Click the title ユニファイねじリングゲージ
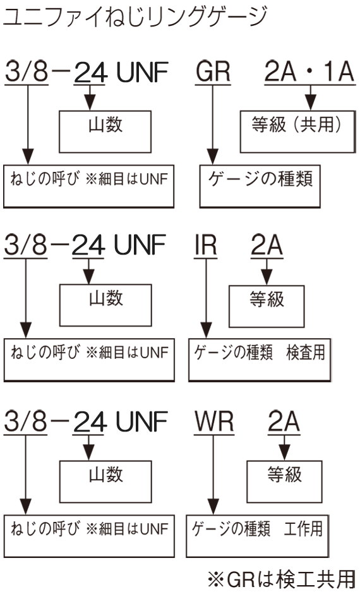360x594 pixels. coord(135,16)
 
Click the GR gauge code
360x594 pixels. coord(213,71)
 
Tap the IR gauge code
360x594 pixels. coord(205,245)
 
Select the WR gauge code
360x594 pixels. coord(214,421)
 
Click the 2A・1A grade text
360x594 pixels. coord(309,71)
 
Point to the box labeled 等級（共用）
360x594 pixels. coord(298,132)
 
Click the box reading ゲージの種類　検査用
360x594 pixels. coord(260,360)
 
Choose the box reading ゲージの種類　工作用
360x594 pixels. coord(258,536)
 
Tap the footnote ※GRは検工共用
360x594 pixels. coord(282,578)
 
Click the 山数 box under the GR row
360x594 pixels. coord(105,132)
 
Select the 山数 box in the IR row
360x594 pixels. coord(105,305)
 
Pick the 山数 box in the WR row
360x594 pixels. coord(105,482)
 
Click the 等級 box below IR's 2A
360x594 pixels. coord(267,306)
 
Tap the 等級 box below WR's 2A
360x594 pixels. coord(284,482)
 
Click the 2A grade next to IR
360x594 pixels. coord(267,245)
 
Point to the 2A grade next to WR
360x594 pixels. coord(284,421)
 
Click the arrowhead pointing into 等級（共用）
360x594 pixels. coord(311,103)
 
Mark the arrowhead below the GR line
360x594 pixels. coord(213,157)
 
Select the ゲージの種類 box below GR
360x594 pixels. coord(260,186)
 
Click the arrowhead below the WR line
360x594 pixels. coord(213,507)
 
